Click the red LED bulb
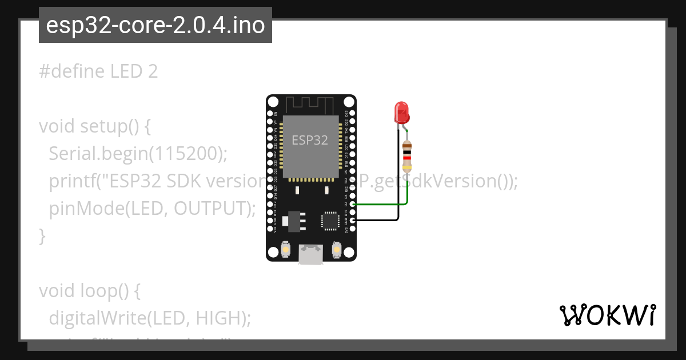point(402,112)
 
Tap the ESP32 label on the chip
point(310,140)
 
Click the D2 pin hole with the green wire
point(353,203)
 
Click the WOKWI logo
point(607,315)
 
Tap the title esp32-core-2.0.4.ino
point(155,26)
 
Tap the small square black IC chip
point(330,221)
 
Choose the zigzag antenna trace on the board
point(310,105)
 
